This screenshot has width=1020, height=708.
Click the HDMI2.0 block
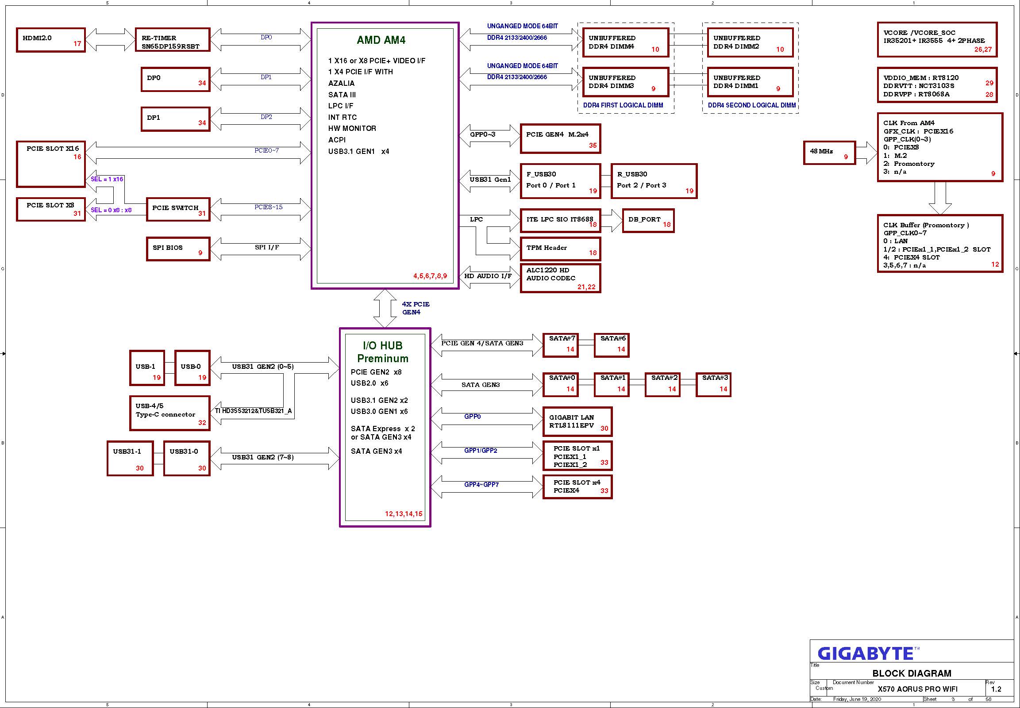(50, 40)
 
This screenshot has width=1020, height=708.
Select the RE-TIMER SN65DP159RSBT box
(173, 40)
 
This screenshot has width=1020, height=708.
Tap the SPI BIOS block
(178, 249)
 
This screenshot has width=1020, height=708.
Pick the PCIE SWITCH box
(178, 209)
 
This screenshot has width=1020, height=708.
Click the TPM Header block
(560, 249)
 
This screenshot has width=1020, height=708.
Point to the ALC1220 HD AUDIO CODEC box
(560, 278)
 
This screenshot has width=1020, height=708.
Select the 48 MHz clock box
(829, 153)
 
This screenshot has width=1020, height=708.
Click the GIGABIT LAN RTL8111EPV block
(577, 421)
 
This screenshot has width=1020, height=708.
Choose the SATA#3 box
(713, 385)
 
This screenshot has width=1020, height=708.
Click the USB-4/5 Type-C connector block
(169, 413)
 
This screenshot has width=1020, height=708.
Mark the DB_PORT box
(648, 221)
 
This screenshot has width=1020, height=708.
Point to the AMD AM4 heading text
(381, 40)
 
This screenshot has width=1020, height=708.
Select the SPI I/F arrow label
(267, 247)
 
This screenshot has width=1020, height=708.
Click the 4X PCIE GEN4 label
(416, 308)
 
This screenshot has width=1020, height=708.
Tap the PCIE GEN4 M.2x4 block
(560, 139)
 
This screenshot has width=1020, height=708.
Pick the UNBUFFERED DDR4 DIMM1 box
(750, 82)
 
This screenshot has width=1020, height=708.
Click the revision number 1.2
(996, 689)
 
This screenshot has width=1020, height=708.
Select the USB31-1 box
(130, 459)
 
